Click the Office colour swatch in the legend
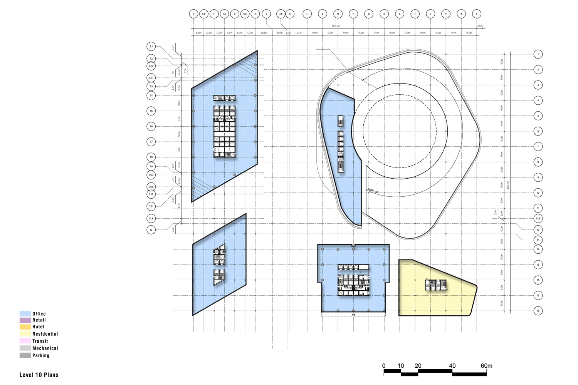click(x=25, y=314)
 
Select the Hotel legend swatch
click(x=25, y=327)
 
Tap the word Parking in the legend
click(x=40, y=355)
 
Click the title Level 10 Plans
click(x=39, y=375)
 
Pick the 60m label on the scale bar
click(x=486, y=366)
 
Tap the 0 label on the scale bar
click(x=384, y=366)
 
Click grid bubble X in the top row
click(x=477, y=14)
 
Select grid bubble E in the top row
click(x=193, y=14)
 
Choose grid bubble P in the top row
click(x=353, y=14)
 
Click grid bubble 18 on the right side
click(x=538, y=311)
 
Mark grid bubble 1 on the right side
click(x=538, y=54)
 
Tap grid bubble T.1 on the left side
click(x=151, y=47)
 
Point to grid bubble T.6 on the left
click(x=151, y=126)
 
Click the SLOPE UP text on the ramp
click(x=373, y=191)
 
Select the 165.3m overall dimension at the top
click(x=336, y=26)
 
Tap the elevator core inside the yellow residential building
click(x=435, y=285)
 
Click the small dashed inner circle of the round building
click(x=400, y=95)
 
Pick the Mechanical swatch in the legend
click(x=25, y=348)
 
